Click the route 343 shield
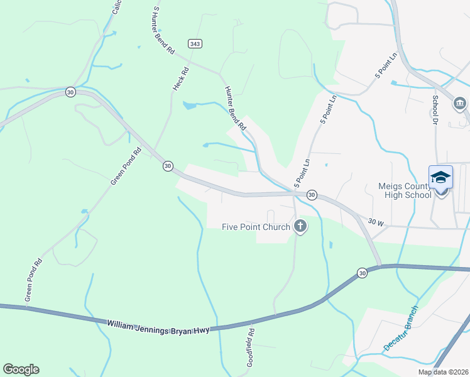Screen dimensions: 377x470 [x=194, y=43]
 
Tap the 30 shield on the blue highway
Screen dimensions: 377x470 [x=362, y=273]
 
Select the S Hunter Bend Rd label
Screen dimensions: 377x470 [x=163, y=30]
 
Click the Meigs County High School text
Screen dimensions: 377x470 [x=405, y=190]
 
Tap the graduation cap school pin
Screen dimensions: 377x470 [x=440, y=178]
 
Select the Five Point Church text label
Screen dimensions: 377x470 [x=256, y=227]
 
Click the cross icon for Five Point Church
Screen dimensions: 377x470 [x=300, y=226]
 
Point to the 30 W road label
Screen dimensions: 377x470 [x=376, y=222]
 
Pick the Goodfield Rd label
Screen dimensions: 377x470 [x=250, y=347]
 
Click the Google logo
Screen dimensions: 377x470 [x=21, y=369]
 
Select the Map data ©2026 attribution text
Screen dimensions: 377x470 [x=442, y=372]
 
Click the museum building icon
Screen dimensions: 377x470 [x=459, y=103]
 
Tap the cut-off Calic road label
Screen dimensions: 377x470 [x=116, y=8]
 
